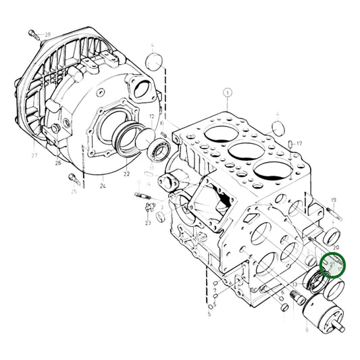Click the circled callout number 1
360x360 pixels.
(x=228, y=93)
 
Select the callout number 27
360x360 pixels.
(x=34, y=155)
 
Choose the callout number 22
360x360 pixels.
(x=126, y=174)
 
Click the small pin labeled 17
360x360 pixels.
(x=289, y=144)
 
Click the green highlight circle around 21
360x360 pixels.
(x=332, y=265)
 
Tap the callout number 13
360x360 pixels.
(x=294, y=284)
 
